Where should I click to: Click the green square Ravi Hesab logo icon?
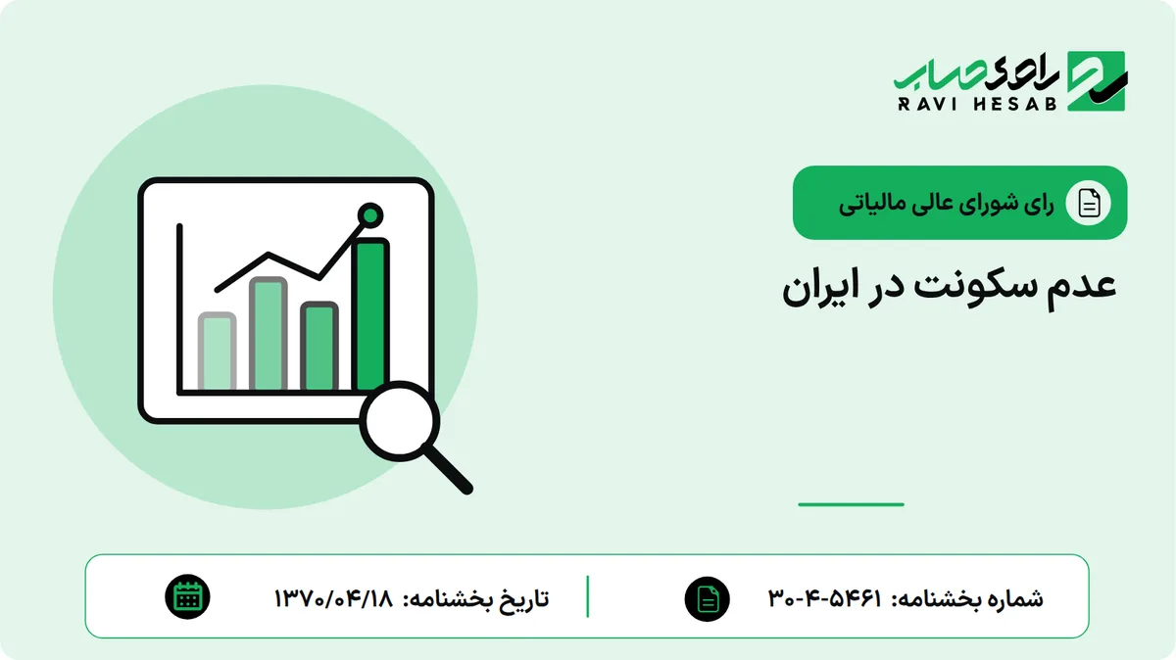tap(1097, 81)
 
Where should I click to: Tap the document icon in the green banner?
tap(1089, 203)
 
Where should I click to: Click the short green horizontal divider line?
tap(851, 504)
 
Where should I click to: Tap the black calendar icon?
tap(187, 597)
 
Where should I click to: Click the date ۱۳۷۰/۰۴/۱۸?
tap(333, 598)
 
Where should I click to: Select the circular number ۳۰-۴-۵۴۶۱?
tap(825, 598)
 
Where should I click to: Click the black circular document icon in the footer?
tap(708, 599)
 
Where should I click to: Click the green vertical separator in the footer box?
tap(587, 597)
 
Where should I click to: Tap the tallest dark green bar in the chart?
tap(370, 314)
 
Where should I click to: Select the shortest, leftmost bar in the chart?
tap(217, 352)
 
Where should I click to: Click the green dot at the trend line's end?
tap(370, 215)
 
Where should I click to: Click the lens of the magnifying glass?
tap(400, 421)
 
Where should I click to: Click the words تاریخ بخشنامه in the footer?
tap(475, 598)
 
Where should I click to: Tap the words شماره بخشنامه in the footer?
tap(967, 598)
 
